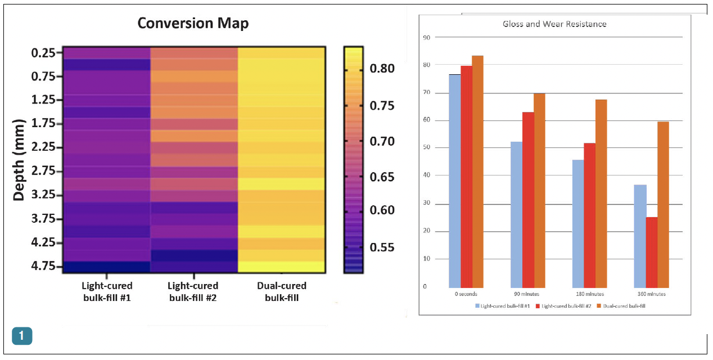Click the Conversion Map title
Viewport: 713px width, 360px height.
click(x=193, y=23)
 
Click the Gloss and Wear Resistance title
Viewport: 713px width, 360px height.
click(x=554, y=24)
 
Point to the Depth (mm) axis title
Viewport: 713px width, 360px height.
click(x=19, y=160)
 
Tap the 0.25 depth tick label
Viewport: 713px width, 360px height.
click(x=43, y=53)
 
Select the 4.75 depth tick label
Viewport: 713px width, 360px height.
click(x=43, y=266)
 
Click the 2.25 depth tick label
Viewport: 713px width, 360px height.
click(x=43, y=147)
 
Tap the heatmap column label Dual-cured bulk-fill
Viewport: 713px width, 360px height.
click(x=281, y=292)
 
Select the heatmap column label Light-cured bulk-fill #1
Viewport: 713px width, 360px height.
click(x=107, y=292)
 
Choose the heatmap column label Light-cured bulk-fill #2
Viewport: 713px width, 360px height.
click(x=193, y=292)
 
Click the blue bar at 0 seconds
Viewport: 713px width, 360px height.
click(x=454, y=181)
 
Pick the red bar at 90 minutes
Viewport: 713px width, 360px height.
click(x=528, y=200)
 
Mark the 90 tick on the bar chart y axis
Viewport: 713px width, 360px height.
click(x=426, y=38)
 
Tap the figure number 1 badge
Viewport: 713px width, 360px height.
click(x=22, y=336)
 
